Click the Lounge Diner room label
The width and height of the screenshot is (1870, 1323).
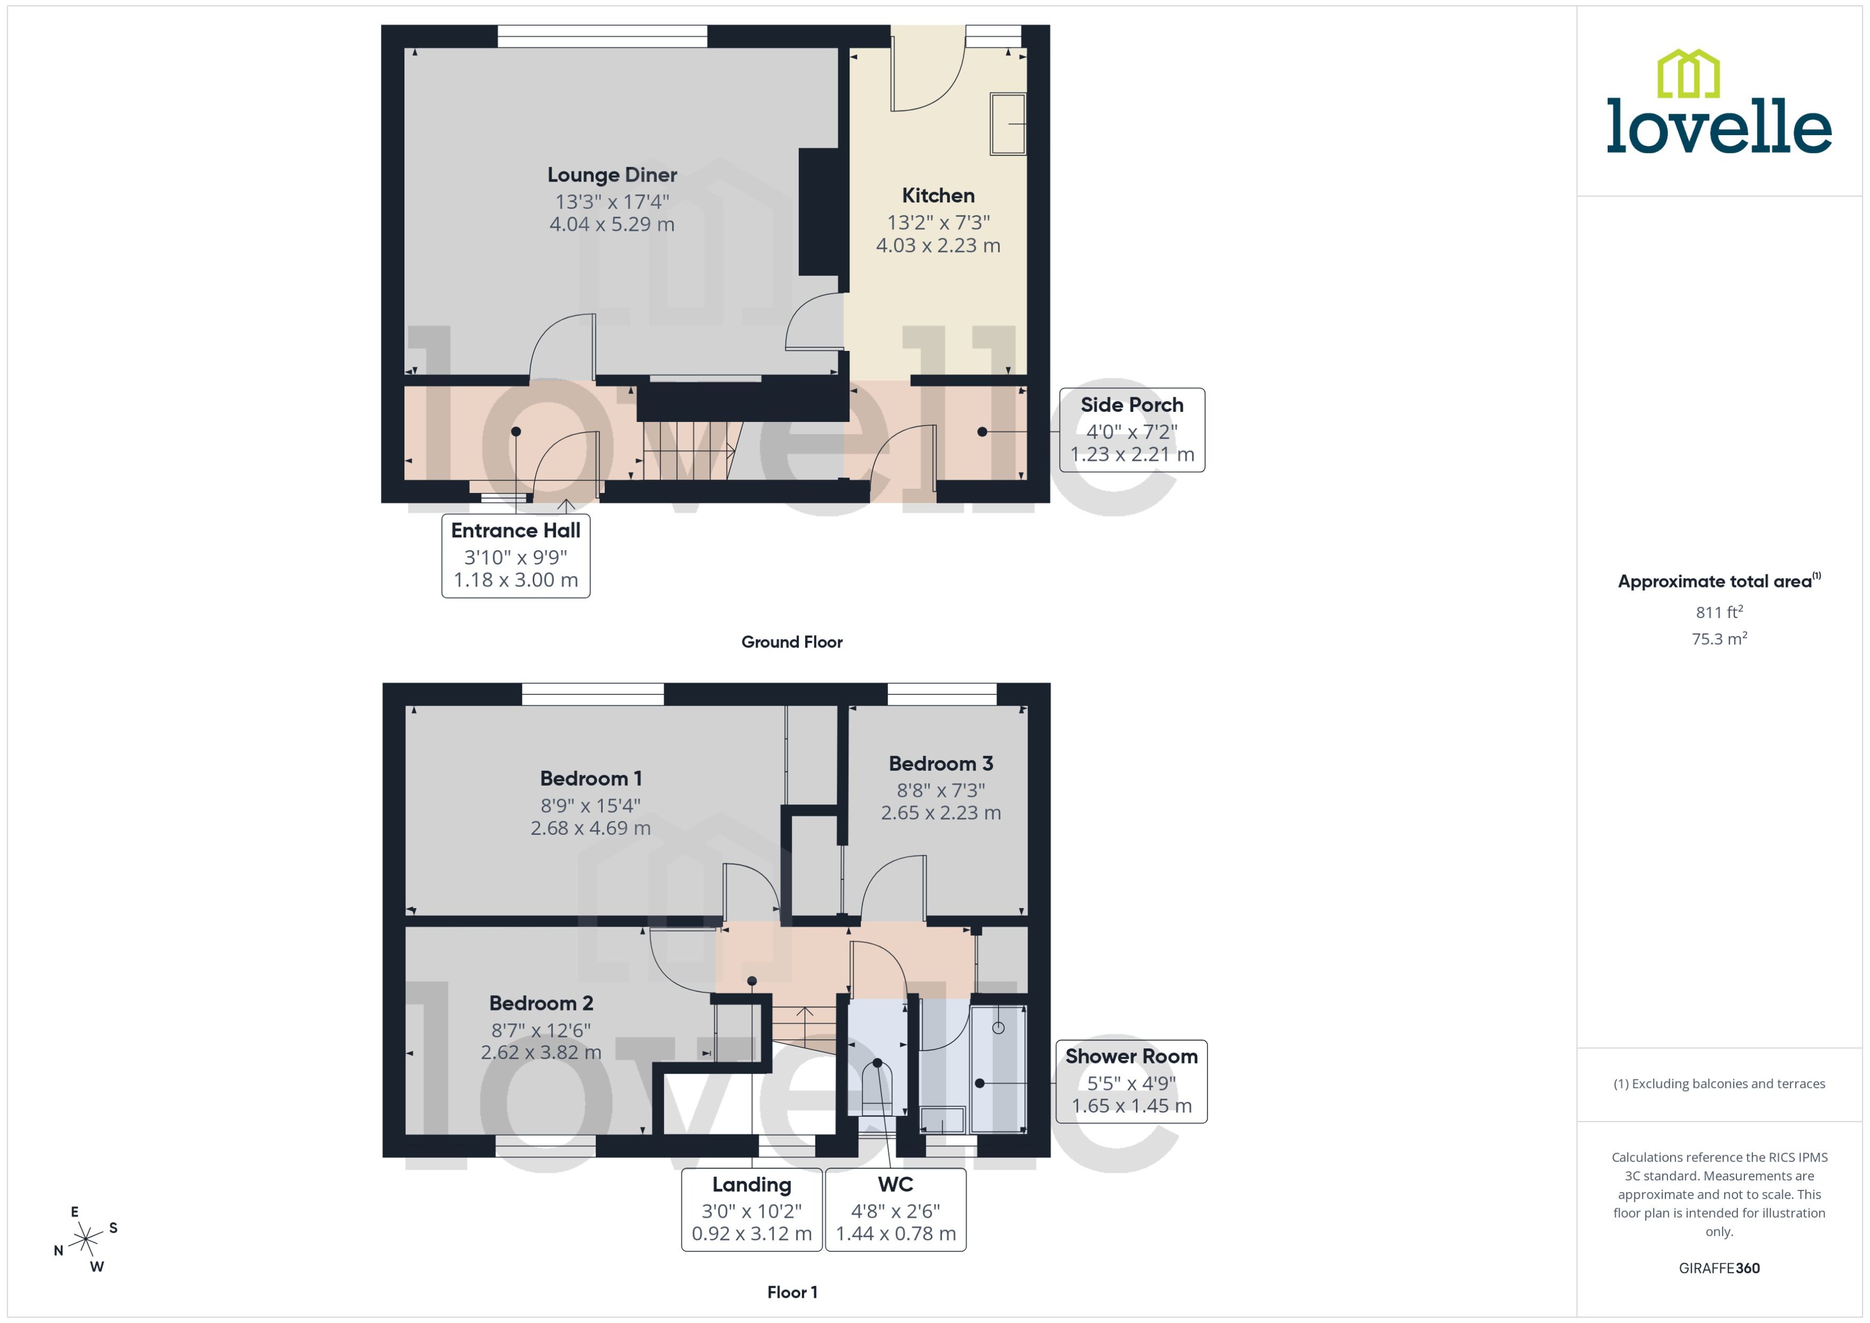coord(612,175)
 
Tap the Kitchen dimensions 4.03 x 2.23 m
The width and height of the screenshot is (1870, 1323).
coord(938,245)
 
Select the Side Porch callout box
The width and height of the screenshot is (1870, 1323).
coord(1131,429)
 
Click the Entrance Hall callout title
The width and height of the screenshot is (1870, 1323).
coord(516,530)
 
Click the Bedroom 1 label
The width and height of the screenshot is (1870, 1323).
coord(591,779)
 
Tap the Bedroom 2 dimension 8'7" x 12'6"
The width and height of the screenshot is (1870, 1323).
coord(541,1030)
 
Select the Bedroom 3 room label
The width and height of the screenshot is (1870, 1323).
coord(940,764)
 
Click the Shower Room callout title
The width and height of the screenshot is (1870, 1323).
coord(1131,1056)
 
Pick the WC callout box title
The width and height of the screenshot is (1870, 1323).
coord(895,1185)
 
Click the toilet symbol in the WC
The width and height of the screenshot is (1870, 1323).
coord(877,1084)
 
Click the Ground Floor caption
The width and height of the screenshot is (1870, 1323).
coord(791,642)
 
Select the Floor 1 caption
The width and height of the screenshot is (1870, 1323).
coord(791,1292)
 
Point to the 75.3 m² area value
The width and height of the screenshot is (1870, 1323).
coord(1718,639)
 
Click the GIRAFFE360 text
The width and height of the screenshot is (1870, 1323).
coord(1718,1269)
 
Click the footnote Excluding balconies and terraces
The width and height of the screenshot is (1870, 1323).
coord(1718,1084)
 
